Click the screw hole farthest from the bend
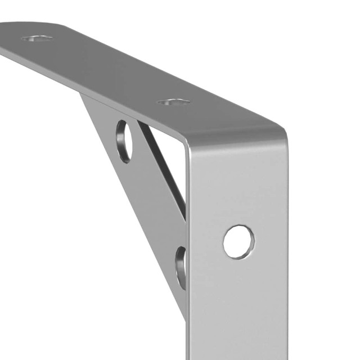click(37, 38)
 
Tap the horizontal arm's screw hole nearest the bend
click(173, 102)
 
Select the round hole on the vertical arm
click(238, 242)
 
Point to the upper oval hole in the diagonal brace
click(124, 141)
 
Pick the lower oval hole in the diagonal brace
click(182, 267)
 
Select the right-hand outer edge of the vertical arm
click(286, 253)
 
